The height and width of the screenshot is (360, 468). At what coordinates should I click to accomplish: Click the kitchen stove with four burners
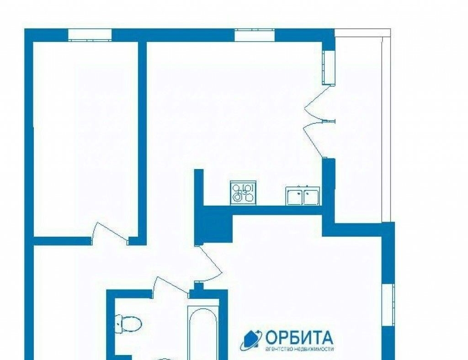point(243,193)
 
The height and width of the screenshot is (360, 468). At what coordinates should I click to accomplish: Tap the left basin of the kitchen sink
point(295,196)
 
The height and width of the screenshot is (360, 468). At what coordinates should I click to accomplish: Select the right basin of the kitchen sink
point(311,196)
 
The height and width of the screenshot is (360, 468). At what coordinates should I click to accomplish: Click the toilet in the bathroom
point(128,324)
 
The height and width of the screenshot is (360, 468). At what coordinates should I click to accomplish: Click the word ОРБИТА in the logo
point(299,338)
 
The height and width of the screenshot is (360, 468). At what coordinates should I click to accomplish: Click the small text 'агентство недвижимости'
point(299,349)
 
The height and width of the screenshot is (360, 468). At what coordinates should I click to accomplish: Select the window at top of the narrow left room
point(90,35)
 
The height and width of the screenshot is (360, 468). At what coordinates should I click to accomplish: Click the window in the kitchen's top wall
point(255,35)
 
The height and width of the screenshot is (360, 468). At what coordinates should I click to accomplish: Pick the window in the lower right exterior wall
point(388,305)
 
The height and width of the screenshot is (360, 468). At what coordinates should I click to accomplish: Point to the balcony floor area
point(358,125)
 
